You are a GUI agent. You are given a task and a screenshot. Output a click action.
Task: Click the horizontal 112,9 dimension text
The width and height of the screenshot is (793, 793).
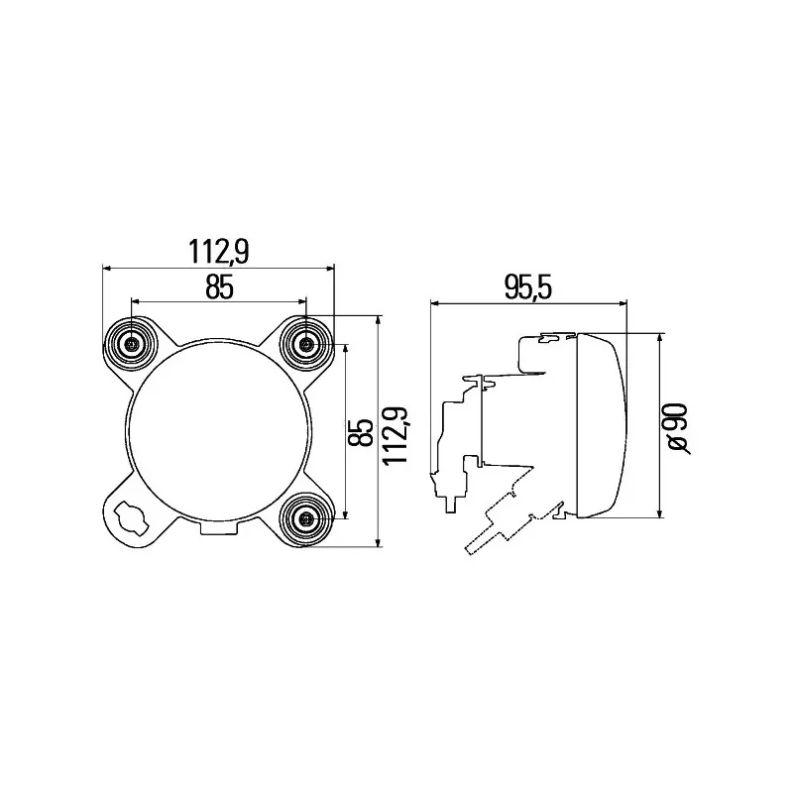(219, 252)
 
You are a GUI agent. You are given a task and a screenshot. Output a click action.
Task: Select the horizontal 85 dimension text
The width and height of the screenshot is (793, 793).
(219, 287)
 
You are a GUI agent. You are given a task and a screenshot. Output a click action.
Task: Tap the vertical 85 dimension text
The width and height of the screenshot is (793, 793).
(361, 432)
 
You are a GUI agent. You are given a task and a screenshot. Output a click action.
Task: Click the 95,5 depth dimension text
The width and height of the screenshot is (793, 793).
(528, 287)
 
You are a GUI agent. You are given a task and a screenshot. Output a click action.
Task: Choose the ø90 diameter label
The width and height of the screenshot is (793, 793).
(677, 428)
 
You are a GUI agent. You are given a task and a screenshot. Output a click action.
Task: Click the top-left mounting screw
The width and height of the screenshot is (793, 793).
(131, 344)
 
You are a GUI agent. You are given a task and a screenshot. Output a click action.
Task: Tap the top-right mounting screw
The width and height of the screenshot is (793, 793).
(306, 344)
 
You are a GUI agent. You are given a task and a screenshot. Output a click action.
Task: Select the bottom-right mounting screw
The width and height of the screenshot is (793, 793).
(306, 518)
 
